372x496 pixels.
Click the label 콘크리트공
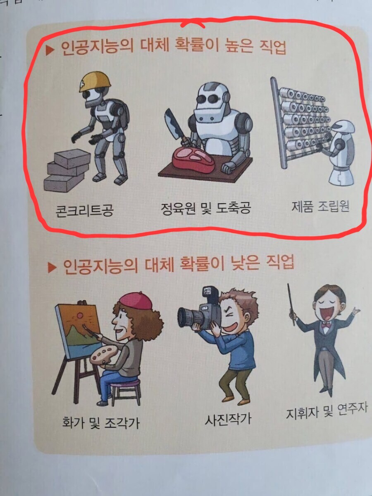[x=84, y=211]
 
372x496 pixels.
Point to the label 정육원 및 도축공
[x=206, y=208]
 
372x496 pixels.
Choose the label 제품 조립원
[x=320, y=206]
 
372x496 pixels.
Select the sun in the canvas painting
[x=80, y=315]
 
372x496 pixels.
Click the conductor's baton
[x=291, y=304]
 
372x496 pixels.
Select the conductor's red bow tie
[x=326, y=325]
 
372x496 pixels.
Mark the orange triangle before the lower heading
[x=52, y=268]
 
